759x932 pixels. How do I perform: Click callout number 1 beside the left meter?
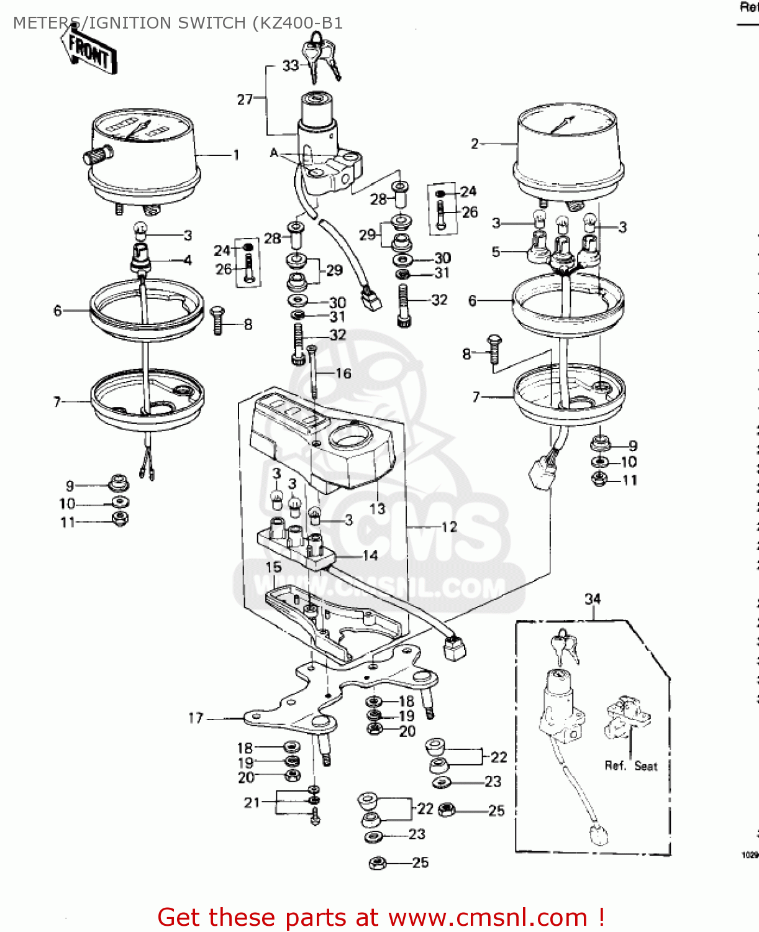(x=236, y=155)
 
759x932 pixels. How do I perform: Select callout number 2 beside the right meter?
(x=475, y=144)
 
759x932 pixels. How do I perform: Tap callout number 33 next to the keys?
(x=290, y=66)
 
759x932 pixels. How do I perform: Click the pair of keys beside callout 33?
(x=322, y=56)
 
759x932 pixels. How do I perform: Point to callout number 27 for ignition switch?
(x=245, y=99)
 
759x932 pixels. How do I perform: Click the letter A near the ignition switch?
(x=274, y=153)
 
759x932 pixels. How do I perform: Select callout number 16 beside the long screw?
(x=343, y=373)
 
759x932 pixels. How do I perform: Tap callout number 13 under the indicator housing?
(x=377, y=509)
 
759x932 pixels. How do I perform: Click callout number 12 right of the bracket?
(x=449, y=527)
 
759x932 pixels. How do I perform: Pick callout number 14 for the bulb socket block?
(x=370, y=555)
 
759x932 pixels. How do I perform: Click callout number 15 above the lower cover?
(x=273, y=567)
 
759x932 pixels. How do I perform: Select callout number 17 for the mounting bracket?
(x=196, y=718)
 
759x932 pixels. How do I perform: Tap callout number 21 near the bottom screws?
(x=252, y=803)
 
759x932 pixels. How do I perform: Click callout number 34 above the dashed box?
(x=593, y=599)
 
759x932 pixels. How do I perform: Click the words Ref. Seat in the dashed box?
(x=630, y=766)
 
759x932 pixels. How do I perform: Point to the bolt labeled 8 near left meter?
(x=217, y=320)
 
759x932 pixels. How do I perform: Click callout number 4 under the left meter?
(x=188, y=260)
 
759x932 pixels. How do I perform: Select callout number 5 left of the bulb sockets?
(x=496, y=252)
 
